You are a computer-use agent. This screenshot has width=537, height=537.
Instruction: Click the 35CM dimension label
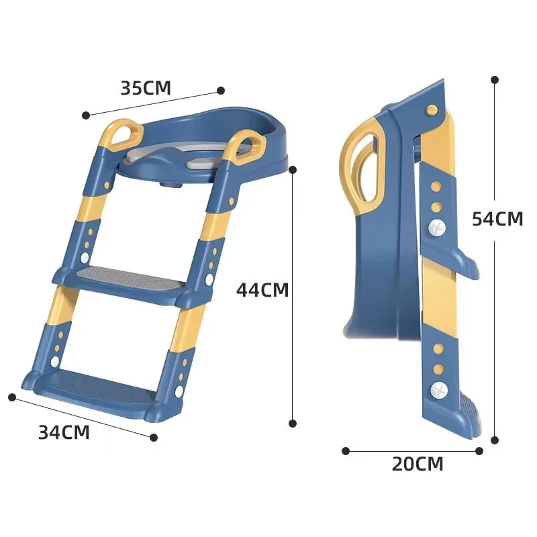pyautogui.click(x=146, y=88)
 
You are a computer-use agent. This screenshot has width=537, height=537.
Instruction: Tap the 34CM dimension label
pyautogui.click(x=64, y=432)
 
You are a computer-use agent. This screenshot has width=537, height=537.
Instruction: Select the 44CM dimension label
pyautogui.click(x=262, y=290)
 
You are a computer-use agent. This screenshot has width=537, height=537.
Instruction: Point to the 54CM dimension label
pyautogui.click(x=497, y=219)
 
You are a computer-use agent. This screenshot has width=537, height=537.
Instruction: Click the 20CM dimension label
pyautogui.click(x=418, y=463)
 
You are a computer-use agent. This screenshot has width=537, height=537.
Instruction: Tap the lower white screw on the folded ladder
pyautogui.click(x=438, y=388)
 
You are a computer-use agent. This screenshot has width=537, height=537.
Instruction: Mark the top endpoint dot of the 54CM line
pyautogui.click(x=495, y=79)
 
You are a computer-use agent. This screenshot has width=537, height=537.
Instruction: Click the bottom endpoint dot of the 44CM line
pyautogui.click(x=293, y=423)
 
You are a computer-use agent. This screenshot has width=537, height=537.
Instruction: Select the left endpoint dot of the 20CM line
pyautogui.click(x=346, y=451)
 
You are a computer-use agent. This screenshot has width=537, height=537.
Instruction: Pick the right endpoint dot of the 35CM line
pyautogui.click(x=219, y=90)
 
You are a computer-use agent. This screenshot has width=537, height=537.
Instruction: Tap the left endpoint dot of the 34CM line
pyautogui.click(x=11, y=397)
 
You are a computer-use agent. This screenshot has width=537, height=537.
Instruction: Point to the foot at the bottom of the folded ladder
pyautogui.click(x=470, y=416)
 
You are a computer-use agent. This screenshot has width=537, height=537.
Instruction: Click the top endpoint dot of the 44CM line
pyautogui.click(x=293, y=170)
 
